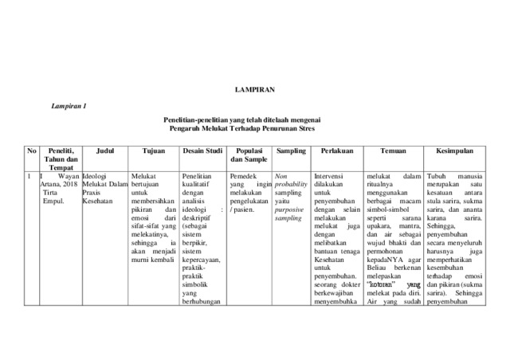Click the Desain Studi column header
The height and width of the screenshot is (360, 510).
202,150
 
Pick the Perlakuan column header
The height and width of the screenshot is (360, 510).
337,150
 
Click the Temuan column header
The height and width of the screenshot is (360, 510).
394,150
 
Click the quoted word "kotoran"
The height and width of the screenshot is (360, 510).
381,284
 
